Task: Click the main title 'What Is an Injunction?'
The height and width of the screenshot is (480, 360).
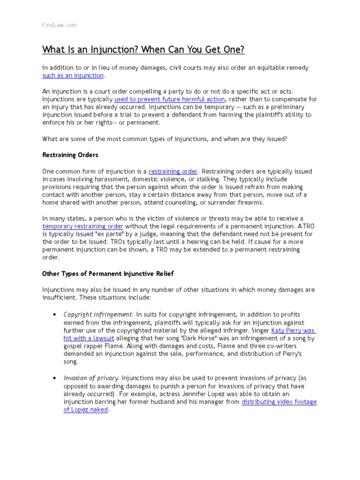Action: (143, 50)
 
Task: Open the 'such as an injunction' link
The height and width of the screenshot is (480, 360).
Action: (73, 75)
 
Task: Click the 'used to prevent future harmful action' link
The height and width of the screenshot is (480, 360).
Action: (170, 99)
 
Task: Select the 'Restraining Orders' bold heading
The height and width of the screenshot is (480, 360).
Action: (70, 155)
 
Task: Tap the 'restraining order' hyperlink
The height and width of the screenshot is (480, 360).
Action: (173, 172)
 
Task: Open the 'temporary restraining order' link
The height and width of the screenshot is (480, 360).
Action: (82, 226)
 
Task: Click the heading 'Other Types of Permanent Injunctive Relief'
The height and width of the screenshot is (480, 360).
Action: (108, 273)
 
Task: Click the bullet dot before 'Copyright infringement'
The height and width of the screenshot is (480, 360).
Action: (54, 314)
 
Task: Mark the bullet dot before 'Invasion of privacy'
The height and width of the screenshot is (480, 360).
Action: (54, 378)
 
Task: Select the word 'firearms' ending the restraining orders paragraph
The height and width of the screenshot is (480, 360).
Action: (250, 202)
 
